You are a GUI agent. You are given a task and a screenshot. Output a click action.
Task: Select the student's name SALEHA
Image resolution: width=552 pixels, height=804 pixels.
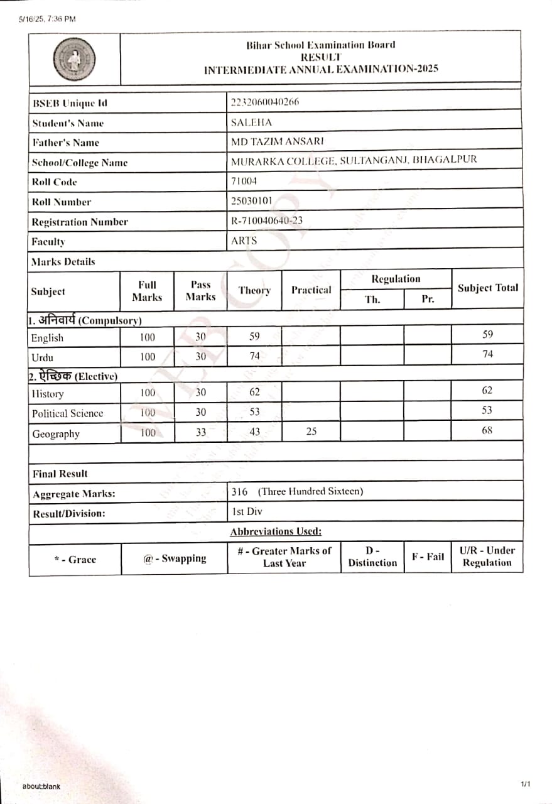251,123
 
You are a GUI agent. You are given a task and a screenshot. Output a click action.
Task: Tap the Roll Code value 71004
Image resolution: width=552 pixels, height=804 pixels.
244,182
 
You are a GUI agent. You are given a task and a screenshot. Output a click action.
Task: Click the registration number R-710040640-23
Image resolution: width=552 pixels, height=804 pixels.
271,221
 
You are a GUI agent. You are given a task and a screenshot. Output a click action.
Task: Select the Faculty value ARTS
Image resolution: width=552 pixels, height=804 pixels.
244,241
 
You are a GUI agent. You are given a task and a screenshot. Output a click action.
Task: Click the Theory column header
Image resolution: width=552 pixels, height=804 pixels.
254,290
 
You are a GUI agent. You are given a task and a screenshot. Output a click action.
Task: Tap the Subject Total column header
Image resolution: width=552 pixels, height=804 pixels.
487,288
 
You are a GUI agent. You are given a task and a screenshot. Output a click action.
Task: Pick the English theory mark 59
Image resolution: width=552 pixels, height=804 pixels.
254,337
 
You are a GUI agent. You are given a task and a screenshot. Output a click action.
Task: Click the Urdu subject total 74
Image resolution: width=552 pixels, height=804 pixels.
487,354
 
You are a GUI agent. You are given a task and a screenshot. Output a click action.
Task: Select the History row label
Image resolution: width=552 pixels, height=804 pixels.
47,394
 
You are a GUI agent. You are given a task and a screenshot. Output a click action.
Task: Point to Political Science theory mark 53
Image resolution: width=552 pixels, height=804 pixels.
254,413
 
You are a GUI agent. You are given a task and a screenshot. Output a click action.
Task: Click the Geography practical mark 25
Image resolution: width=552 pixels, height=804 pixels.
311,433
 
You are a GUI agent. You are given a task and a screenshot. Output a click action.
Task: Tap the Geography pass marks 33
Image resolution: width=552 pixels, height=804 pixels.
200,433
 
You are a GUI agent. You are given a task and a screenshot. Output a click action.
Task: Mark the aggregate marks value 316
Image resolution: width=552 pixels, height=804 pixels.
240,492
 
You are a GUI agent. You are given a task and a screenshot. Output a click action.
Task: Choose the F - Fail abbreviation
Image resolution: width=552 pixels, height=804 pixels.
427,557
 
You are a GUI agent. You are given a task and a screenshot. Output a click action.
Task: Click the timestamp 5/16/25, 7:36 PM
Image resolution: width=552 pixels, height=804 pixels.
47,19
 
